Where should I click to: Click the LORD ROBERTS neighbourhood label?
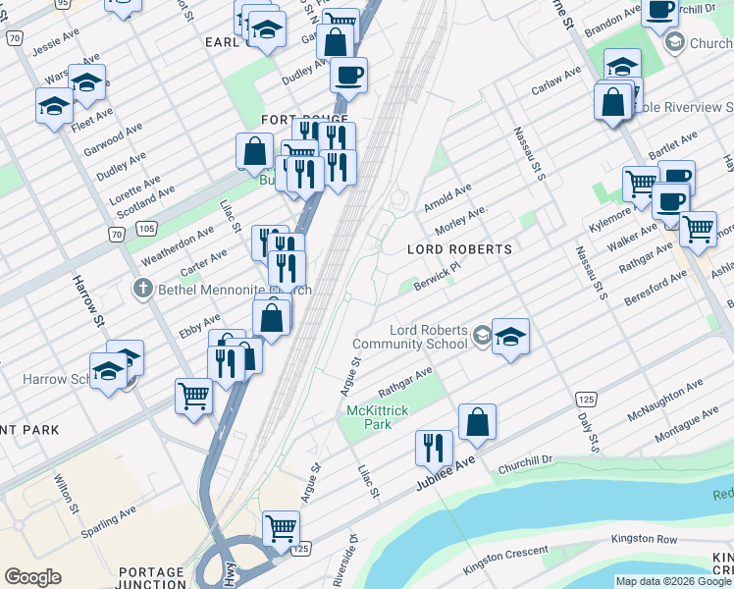tap(459, 250)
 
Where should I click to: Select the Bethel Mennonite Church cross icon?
tap(142, 290)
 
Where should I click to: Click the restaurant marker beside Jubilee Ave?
tap(434, 449)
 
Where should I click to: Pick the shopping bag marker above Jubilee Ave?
tap(477, 422)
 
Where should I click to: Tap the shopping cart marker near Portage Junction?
tap(281, 528)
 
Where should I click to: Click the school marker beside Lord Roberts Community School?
tap(510, 338)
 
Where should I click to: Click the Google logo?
tap(32, 577)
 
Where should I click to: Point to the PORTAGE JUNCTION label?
tap(151, 578)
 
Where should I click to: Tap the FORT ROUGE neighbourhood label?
tap(292, 119)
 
